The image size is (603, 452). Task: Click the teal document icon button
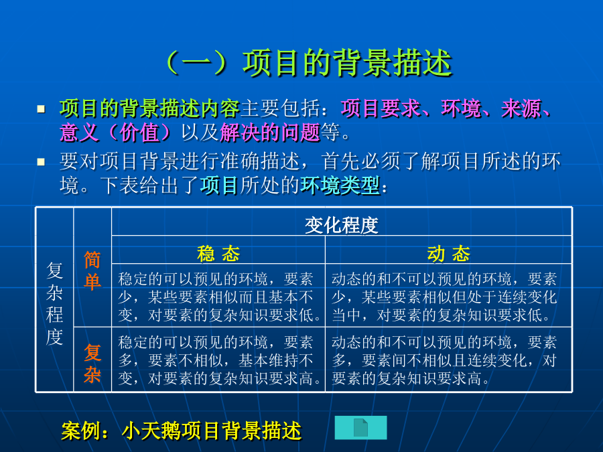click(360, 427)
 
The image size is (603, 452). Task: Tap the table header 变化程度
click(342, 225)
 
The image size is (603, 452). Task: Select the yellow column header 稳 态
click(218, 254)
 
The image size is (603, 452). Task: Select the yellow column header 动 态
click(448, 254)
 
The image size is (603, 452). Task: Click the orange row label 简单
click(92, 271)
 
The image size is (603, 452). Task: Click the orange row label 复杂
click(92, 363)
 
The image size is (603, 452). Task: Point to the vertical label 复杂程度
click(54, 303)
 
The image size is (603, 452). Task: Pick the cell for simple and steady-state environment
click(218, 295)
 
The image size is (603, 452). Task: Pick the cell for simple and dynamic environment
click(448, 295)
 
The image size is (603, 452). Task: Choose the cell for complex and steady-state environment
click(218, 360)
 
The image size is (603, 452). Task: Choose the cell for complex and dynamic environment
click(448, 360)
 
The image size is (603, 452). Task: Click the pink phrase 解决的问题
click(270, 133)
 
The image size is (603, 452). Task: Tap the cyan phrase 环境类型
click(340, 185)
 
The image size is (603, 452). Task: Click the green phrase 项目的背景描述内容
click(149, 108)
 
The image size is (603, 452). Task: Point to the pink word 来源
click(521, 108)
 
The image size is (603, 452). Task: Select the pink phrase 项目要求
click(381, 108)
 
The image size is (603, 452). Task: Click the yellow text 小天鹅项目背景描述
click(212, 431)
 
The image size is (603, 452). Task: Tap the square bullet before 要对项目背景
click(41, 162)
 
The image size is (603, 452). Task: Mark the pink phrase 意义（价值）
click(115, 133)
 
